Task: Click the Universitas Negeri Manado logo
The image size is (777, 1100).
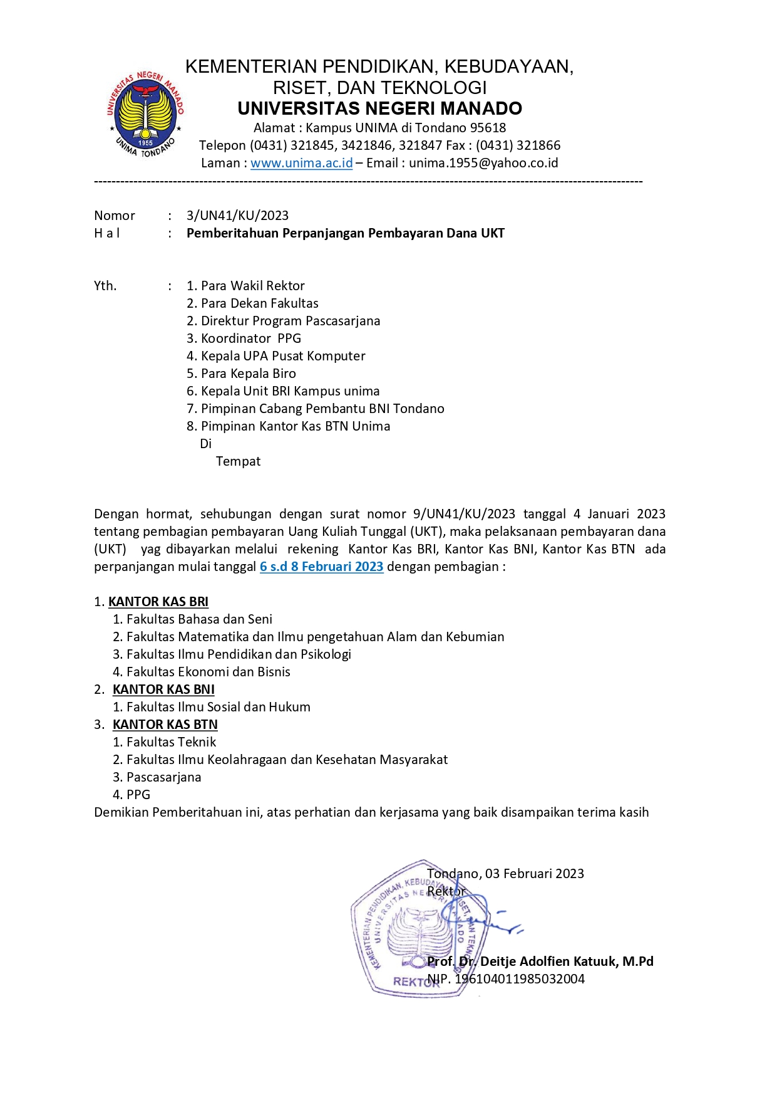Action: (145, 114)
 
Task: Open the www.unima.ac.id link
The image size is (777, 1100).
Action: (301, 163)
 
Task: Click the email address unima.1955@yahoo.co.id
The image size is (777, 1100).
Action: (483, 163)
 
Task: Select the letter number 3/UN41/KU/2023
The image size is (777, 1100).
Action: (237, 216)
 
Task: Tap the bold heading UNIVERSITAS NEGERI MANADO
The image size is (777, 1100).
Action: (379, 108)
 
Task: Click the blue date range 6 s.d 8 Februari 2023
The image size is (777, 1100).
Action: (321, 567)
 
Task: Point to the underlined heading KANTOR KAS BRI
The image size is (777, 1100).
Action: (158, 602)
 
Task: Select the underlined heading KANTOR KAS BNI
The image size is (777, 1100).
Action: (163, 689)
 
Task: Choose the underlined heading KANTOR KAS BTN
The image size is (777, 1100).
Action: (165, 725)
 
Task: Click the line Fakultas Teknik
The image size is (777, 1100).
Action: (171, 742)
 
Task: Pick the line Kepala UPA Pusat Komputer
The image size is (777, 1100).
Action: (282, 356)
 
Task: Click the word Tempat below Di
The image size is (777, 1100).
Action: (238, 461)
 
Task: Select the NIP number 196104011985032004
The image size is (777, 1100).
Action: (520, 979)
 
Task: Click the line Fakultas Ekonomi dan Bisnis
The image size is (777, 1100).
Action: (208, 672)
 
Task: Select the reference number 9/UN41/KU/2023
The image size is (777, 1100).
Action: (464, 514)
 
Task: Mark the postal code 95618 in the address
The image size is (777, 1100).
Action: (488, 128)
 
